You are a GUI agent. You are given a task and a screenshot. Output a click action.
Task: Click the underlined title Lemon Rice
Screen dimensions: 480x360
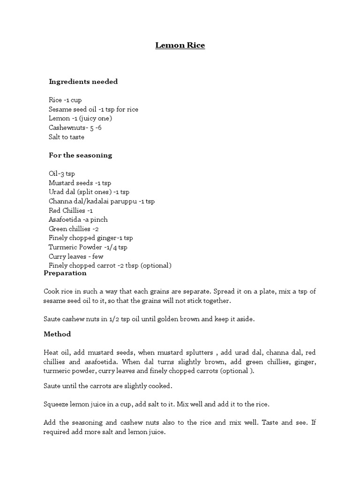tap(180, 45)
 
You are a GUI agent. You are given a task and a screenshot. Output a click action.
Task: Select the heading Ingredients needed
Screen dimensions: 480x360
tap(83, 82)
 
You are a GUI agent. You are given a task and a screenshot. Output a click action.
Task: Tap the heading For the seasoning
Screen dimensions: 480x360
tap(80, 155)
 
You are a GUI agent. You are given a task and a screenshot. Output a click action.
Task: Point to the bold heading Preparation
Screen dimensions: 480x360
tap(65, 273)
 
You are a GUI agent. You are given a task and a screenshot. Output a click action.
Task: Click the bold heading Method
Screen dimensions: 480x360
tap(57, 334)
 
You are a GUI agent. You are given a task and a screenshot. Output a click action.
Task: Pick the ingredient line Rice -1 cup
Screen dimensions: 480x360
tap(65, 100)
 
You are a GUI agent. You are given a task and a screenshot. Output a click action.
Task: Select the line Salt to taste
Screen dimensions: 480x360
tap(67, 137)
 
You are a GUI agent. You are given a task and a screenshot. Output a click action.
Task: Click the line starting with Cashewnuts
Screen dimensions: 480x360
tap(75, 128)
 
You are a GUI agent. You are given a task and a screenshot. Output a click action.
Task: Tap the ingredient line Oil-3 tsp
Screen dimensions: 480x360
tap(61, 173)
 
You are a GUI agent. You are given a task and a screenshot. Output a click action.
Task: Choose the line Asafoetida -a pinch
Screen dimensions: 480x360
tap(78, 219)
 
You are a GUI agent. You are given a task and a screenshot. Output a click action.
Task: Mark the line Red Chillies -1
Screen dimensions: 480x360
tap(71, 210)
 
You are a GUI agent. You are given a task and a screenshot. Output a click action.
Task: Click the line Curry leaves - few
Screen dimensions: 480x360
tap(76, 256)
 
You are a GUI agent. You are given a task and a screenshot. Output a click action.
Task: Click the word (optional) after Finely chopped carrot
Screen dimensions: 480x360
tap(156, 265)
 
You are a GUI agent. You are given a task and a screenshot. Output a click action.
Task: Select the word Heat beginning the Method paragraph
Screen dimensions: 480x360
tap(51, 352)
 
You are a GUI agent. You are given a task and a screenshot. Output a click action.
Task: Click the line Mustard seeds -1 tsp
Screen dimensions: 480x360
tap(80, 183)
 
